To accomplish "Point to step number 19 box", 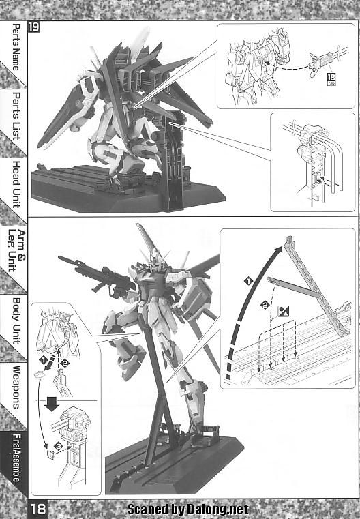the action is (34, 27).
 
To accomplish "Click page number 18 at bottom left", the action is (38, 509).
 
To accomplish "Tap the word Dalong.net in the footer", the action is (217, 509).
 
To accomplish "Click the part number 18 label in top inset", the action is (331, 78).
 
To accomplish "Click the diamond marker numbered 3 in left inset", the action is (59, 446).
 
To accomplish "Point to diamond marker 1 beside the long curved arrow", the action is (248, 282).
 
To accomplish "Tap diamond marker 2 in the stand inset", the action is (265, 305).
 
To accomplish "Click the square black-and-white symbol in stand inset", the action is (284, 311).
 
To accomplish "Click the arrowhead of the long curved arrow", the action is (279, 249).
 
